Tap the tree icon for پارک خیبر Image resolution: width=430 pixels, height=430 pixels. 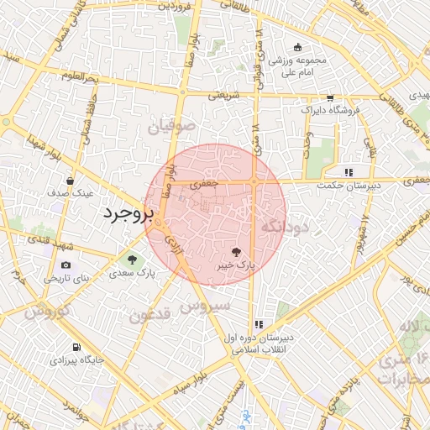tap(237, 251)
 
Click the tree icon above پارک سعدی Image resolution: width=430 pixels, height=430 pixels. tap(132, 258)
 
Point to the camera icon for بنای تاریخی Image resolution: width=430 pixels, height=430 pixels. tap(66, 265)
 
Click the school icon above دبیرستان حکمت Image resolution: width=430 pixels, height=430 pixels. tap(348, 171)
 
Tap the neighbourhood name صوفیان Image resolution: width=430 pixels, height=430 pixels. tap(172, 127)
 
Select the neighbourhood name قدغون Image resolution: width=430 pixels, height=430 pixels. tap(152, 317)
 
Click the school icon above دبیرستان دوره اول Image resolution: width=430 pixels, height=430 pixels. tap(259, 324)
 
